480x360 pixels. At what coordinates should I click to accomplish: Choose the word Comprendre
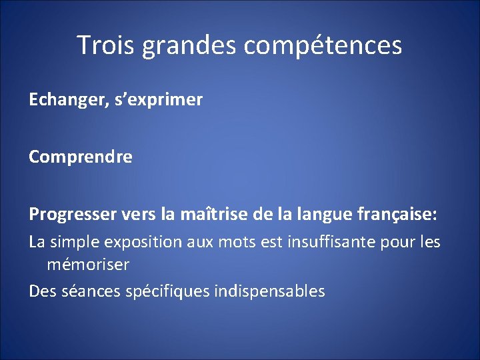(x=81, y=157)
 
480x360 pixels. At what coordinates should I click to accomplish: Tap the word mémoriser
(x=88, y=265)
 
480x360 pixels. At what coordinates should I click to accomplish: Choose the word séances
(x=86, y=291)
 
